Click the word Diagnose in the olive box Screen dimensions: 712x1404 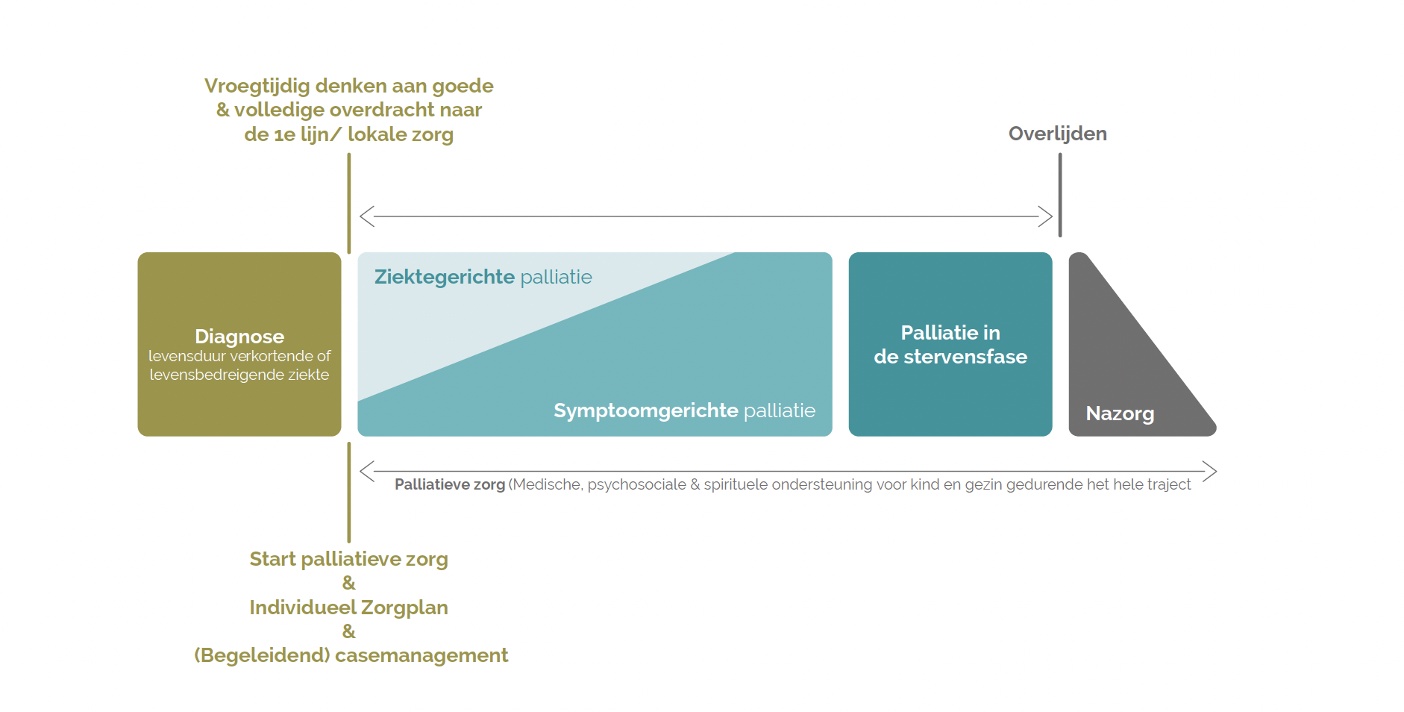[239, 337]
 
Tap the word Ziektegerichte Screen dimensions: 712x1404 [444, 277]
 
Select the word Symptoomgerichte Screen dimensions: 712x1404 [645, 410]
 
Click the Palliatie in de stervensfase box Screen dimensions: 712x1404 [950, 344]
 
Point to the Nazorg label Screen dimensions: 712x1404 [1119, 413]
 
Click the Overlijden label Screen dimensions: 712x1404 [1057, 134]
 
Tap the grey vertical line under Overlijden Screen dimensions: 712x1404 [1059, 194]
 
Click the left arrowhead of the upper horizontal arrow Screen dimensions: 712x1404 [366, 216]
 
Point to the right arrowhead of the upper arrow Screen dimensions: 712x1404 [1046, 216]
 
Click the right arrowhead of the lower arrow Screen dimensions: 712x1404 [1211, 471]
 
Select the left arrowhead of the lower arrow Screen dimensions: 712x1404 [366, 471]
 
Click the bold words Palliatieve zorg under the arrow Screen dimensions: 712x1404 [449, 484]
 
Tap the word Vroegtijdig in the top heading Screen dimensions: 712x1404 [257, 86]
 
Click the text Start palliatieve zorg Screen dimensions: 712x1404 [348, 559]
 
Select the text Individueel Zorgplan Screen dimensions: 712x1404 [348, 608]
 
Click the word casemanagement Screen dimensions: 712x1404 [421, 655]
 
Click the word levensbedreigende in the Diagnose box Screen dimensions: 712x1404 [217, 375]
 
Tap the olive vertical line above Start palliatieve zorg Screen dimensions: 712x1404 [348, 493]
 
